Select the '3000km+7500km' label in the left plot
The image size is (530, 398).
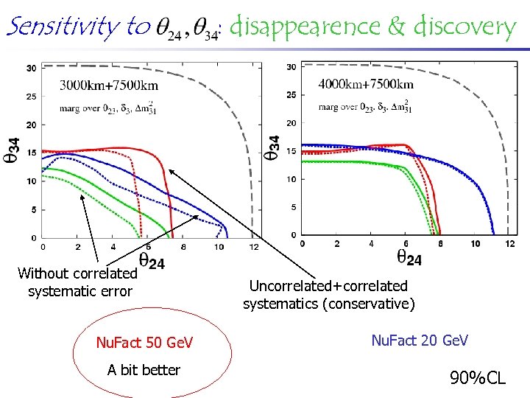(108, 85)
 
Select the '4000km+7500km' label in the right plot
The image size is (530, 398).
(366, 84)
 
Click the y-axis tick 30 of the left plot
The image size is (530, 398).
(32, 69)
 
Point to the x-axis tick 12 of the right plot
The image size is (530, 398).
(511, 243)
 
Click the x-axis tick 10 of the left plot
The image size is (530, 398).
(219, 247)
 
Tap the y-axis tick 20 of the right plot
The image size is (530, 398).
(291, 123)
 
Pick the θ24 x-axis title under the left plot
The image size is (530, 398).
(152, 261)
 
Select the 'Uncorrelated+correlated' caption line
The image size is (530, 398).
(328, 286)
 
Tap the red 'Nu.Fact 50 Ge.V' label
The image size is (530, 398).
(144, 343)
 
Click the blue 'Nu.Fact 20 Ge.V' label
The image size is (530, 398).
(419, 340)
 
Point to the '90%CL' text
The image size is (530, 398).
(478, 378)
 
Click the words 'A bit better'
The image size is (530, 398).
(144, 370)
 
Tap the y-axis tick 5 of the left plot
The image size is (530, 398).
(33, 209)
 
